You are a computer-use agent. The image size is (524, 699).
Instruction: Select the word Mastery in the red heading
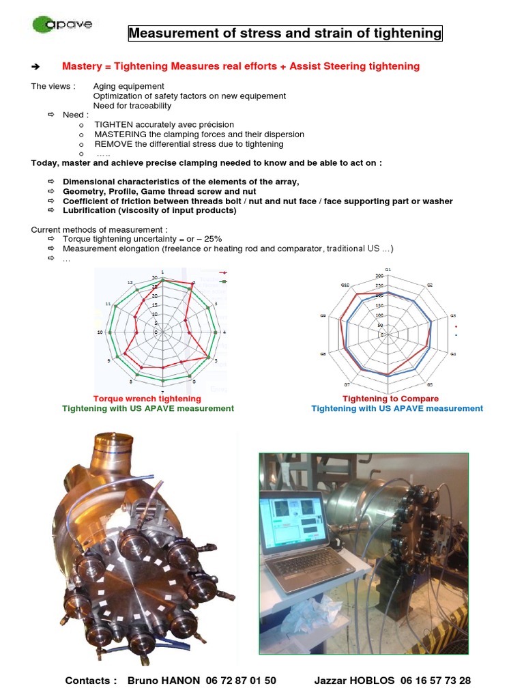point(81,66)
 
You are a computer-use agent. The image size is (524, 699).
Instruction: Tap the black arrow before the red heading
point(36,67)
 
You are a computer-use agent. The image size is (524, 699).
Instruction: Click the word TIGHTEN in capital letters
point(116,125)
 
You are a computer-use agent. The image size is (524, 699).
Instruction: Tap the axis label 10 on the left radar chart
point(100,332)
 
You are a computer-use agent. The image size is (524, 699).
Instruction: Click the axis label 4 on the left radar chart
point(226,332)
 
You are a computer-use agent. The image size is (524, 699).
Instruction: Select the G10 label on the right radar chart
point(345,285)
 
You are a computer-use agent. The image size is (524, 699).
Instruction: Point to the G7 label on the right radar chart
point(347,384)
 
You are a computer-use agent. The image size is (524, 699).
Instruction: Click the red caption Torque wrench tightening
point(147,399)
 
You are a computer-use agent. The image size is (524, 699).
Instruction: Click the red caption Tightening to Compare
point(390,399)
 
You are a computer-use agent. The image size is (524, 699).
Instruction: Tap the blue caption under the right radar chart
point(397,408)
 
